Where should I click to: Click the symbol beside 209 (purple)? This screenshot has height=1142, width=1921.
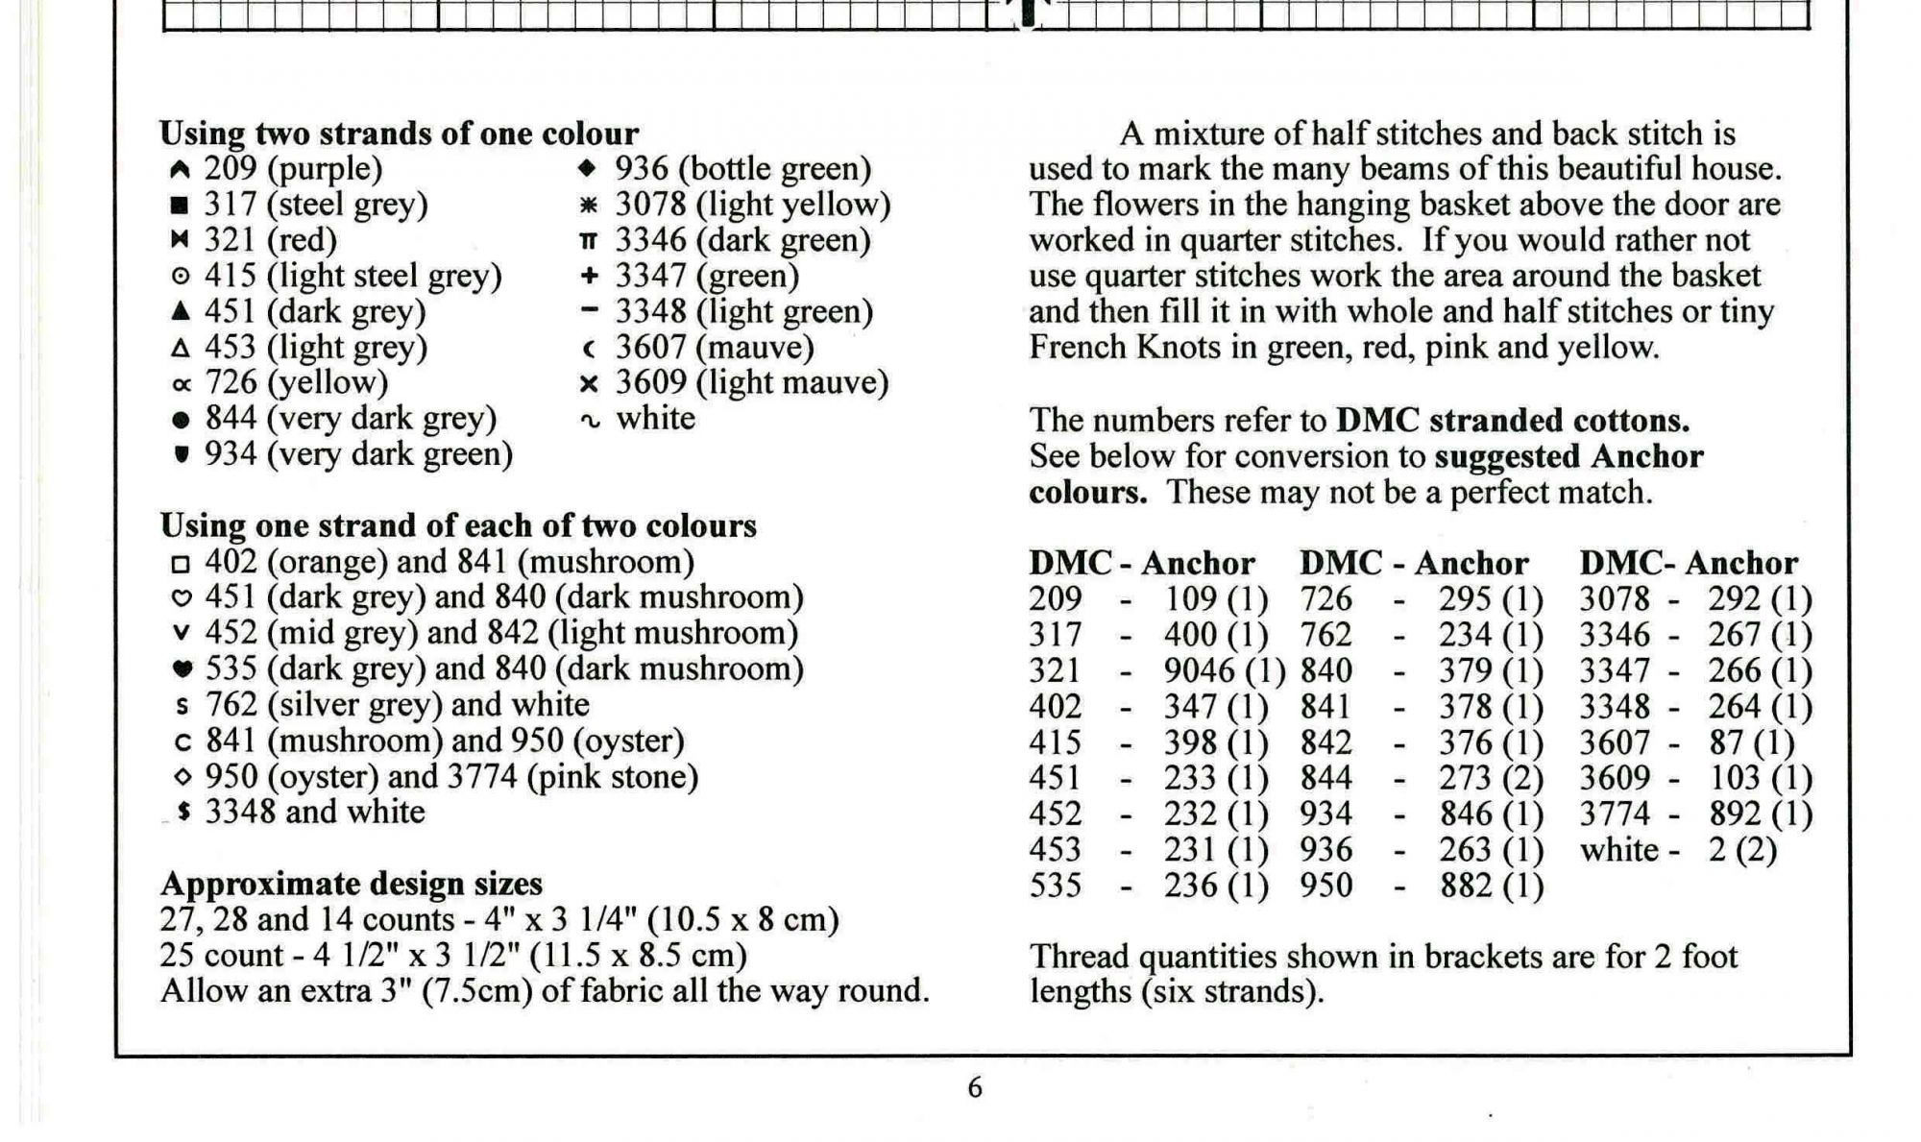(x=180, y=170)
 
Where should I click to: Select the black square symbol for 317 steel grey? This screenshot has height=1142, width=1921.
(x=180, y=206)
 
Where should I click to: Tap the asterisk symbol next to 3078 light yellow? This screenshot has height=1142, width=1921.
(x=589, y=206)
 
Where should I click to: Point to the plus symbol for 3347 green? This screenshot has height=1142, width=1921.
(x=589, y=277)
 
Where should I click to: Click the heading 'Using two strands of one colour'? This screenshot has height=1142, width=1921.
(x=399, y=134)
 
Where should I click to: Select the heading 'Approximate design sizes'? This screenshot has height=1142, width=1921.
(x=351, y=884)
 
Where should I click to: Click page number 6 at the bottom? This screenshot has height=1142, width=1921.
(x=974, y=1088)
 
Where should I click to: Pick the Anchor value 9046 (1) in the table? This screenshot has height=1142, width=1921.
(x=1224, y=670)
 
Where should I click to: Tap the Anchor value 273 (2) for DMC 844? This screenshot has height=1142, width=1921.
(x=1491, y=778)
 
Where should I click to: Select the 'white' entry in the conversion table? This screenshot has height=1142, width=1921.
(x=1619, y=850)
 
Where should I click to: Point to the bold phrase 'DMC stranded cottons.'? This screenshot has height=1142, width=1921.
(x=1513, y=421)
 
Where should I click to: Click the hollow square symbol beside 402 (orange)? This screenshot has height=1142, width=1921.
(x=181, y=564)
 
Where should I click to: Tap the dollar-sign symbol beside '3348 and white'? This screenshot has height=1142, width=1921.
(x=183, y=813)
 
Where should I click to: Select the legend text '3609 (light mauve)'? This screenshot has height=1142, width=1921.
(x=752, y=383)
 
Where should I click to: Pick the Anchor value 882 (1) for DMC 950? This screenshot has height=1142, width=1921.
(x=1491, y=886)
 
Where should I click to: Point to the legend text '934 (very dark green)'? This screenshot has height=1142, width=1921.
(x=358, y=454)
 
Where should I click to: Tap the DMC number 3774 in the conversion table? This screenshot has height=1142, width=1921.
(x=1615, y=814)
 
